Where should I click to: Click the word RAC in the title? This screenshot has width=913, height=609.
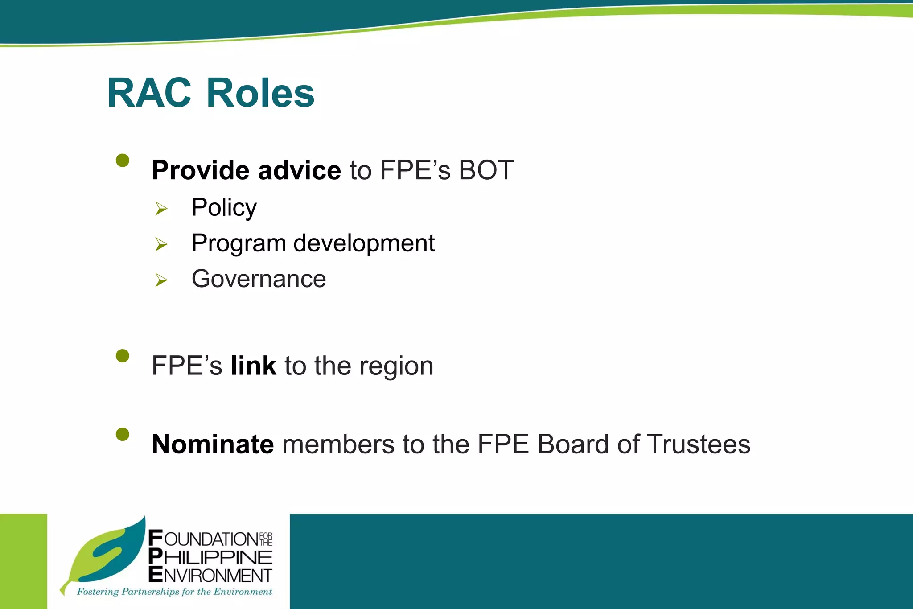tap(149, 93)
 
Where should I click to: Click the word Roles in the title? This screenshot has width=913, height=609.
tap(260, 93)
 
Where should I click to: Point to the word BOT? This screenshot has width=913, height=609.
tap(486, 170)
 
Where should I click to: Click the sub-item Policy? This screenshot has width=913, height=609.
tap(224, 208)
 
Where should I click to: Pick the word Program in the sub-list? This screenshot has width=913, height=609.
tap(239, 244)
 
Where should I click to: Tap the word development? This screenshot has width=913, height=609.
tap(364, 243)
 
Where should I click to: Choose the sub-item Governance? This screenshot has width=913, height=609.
tap(259, 279)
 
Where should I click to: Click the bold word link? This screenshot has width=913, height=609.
tap(253, 366)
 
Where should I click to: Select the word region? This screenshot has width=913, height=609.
tap(396, 367)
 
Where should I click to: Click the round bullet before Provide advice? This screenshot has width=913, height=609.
tap(123, 160)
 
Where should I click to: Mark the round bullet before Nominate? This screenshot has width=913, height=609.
tap(123, 434)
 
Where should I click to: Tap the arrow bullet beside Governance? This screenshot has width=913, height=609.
tap(161, 280)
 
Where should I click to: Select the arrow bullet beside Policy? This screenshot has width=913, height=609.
tap(161, 208)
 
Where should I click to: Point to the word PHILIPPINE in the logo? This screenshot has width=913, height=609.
tap(210, 557)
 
